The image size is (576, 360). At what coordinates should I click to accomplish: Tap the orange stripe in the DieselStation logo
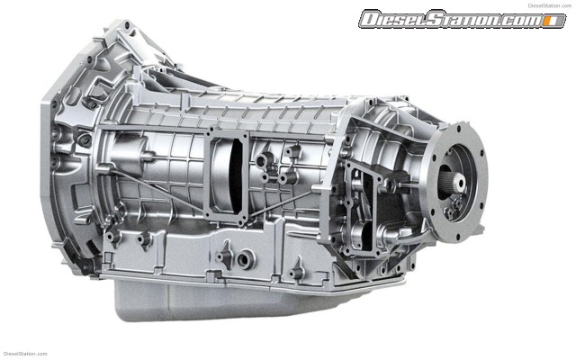tap(550, 21)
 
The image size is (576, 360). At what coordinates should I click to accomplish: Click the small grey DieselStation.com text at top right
tap(550, 5)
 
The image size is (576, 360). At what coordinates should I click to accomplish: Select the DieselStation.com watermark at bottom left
tap(25, 354)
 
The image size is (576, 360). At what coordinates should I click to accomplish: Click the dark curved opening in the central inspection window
tap(236, 175)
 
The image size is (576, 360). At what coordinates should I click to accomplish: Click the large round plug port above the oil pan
tap(245, 259)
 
